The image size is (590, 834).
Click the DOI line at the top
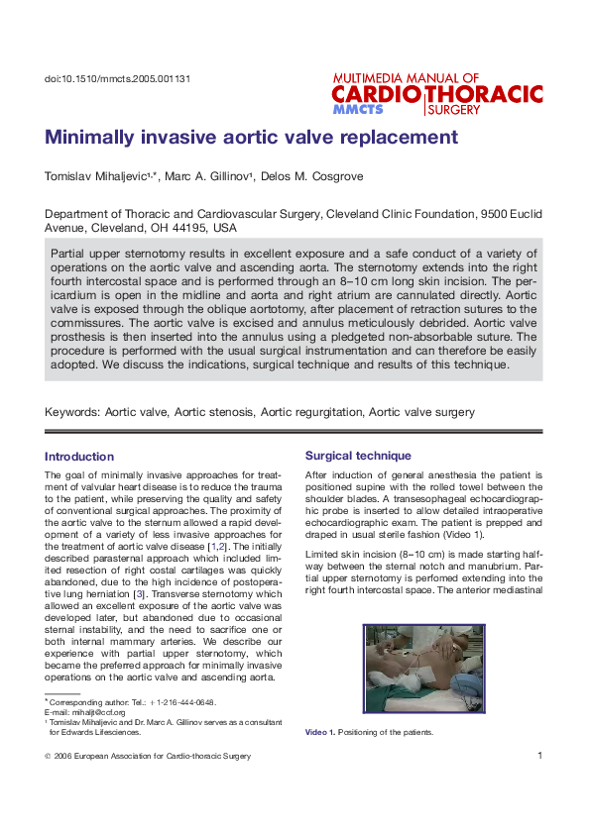[x=118, y=78]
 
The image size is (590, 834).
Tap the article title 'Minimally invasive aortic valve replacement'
[x=251, y=137]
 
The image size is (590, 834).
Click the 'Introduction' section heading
[x=79, y=457]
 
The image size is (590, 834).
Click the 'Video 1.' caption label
[x=319, y=733]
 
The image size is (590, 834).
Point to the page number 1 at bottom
[x=539, y=756]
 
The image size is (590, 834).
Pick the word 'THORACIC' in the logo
[x=485, y=94]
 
